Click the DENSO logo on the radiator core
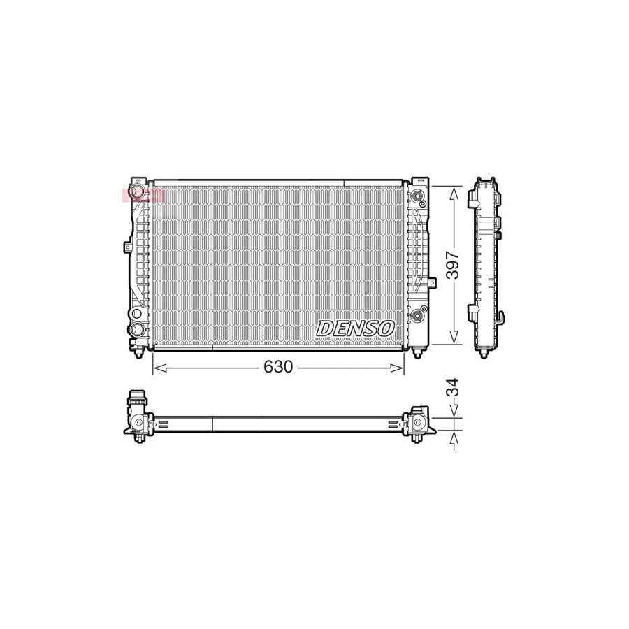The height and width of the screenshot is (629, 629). click(356, 328)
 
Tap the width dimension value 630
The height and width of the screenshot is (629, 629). click(278, 367)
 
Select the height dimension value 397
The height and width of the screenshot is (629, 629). click(453, 266)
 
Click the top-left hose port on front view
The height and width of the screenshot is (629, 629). click(138, 191)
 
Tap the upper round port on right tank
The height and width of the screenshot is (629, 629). click(418, 195)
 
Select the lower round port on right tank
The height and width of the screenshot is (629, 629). click(418, 314)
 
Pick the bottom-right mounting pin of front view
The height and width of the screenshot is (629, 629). click(418, 353)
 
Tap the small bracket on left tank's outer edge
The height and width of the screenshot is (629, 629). click(127, 247)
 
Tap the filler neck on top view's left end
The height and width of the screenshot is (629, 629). click(137, 401)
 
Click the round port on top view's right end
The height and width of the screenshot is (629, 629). click(418, 423)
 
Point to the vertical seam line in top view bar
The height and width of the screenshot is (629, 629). click(212, 424)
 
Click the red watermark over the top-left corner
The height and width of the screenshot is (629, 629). click(143, 195)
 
